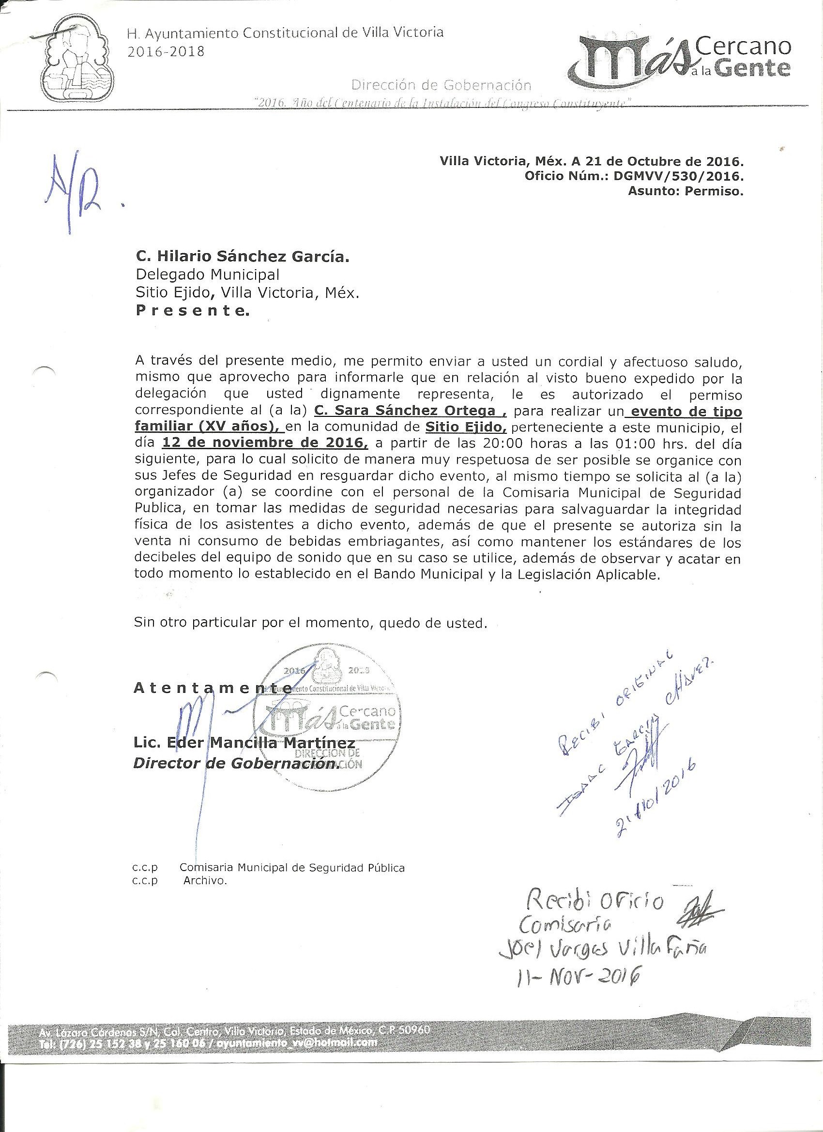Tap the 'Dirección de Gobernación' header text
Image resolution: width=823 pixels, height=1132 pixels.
pyautogui.click(x=441, y=85)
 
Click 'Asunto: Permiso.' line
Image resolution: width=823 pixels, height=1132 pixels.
pyautogui.click(x=685, y=191)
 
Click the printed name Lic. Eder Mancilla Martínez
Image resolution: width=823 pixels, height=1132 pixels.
pyautogui.click(x=244, y=742)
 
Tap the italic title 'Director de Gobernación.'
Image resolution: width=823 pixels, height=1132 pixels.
pyautogui.click(x=236, y=764)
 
